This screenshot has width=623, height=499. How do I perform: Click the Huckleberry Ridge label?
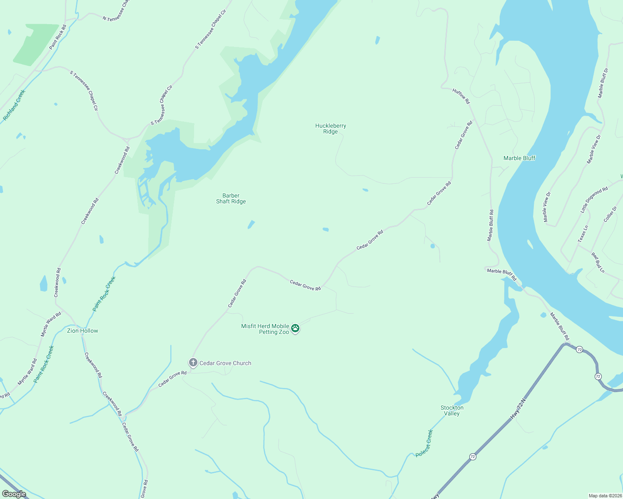coord(331,128)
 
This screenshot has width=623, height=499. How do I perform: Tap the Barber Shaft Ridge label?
coord(231,198)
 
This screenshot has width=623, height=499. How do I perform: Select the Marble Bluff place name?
coord(519,158)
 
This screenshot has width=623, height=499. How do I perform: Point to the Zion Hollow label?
coord(82,331)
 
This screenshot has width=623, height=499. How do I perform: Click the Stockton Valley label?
coord(452,410)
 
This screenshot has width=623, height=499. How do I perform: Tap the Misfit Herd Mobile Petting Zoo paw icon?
coord(295,328)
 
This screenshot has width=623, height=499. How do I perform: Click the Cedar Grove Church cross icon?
coord(193,363)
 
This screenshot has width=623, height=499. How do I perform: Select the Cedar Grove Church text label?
coord(225,363)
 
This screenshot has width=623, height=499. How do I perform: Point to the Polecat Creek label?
coord(425,443)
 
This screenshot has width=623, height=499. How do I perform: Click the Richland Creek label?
coord(14,105)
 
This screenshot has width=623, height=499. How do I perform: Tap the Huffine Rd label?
coord(461,96)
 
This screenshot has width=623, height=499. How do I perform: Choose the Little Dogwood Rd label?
coord(594,200)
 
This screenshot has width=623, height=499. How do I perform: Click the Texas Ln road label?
coord(583,234)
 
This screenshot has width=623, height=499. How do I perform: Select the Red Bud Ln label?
coord(598,262)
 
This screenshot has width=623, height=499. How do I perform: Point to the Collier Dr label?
coord(610,215)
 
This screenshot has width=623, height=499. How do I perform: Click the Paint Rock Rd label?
coord(58,37)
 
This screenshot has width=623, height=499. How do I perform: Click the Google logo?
coord(14,494)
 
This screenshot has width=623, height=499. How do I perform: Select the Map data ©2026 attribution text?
coord(604,496)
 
